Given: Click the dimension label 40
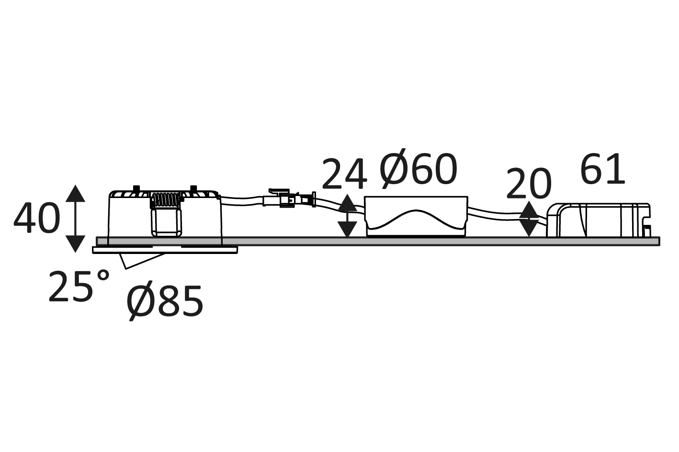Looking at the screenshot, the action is point(37,218).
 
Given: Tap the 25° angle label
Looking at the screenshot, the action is point(79,286).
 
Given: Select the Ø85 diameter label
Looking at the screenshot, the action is point(165,303).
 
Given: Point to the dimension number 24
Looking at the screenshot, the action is point(344,174).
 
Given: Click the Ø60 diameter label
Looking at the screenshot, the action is point(418,169).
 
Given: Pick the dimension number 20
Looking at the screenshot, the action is point(528,184).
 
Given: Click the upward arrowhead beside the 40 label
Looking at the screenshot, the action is point(75,193).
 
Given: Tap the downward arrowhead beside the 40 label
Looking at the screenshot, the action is point(75,244).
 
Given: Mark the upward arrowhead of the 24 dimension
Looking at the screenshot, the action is point(347,202).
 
